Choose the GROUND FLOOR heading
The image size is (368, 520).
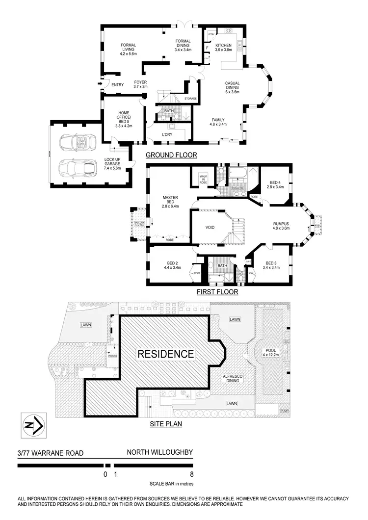point(171,156)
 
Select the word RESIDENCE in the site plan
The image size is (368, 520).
point(165,354)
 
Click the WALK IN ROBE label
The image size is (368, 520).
point(202,179)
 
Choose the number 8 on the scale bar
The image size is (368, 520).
point(191,474)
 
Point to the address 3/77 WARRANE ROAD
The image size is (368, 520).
point(43,454)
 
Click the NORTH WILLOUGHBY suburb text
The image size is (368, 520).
point(159,454)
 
